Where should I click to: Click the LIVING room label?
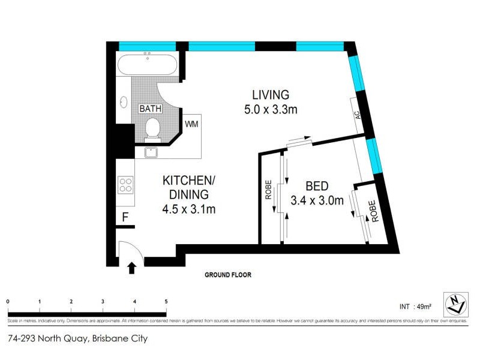tap(270, 95)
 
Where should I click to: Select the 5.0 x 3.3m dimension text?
tap(270, 109)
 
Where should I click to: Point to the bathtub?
tap(146, 65)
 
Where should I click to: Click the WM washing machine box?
tap(191, 124)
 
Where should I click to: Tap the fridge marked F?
tap(125, 217)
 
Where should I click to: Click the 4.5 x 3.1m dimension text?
tap(188, 209)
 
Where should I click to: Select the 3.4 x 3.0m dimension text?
tap(316, 200)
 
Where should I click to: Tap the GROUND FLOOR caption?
tap(227, 275)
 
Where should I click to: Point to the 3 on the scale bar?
tap(103, 302)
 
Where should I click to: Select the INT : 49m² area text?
tap(416, 305)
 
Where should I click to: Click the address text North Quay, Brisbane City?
tap(78, 338)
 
